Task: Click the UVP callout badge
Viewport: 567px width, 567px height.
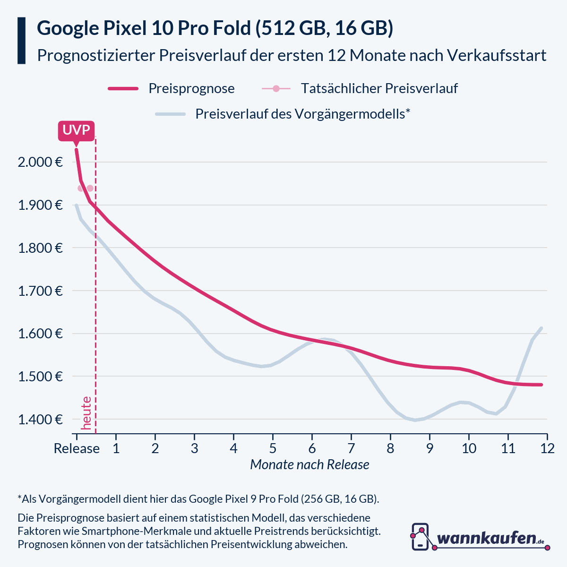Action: pyautogui.click(x=76, y=130)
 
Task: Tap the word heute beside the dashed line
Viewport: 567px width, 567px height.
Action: pyautogui.click(x=86, y=413)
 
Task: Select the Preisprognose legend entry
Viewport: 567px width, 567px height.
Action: pyautogui.click(x=191, y=88)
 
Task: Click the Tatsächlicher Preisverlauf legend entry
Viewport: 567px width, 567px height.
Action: pyautogui.click(x=379, y=88)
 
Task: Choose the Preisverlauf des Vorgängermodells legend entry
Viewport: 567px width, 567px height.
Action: pyautogui.click(x=302, y=114)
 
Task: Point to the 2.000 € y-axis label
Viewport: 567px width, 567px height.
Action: pyautogui.click(x=41, y=162)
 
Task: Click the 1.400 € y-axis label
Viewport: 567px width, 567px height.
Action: pyautogui.click(x=41, y=419)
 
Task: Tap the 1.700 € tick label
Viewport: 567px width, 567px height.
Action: pyautogui.click(x=41, y=291)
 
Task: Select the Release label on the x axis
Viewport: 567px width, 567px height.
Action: pyautogui.click(x=77, y=448)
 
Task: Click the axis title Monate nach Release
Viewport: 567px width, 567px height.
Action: pyautogui.click(x=309, y=465)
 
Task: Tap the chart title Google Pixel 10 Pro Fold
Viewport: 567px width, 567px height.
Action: pyautogui.click(x=215, y=28)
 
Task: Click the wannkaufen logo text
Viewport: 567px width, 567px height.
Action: pyautogui.click(x=487, y=539)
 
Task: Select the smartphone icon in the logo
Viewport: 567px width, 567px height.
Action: pyautogui.click(x=421, y=537)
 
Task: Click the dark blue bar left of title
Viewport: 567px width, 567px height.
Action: pyautogui.click(x=21, y=41)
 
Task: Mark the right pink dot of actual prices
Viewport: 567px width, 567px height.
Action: pyautogui.click(x=90, y=189)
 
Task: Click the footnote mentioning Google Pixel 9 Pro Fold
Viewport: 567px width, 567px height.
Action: pyautogui.click(x=198, y=499)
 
